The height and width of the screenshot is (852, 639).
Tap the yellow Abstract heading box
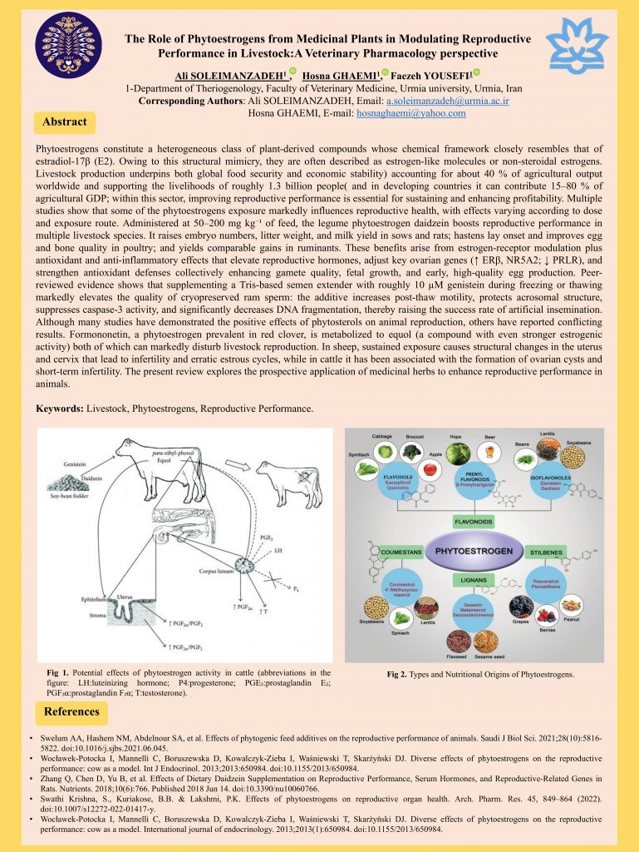click(65, 121)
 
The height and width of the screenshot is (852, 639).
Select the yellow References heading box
click(71, 711)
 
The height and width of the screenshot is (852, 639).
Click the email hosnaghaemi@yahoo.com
click(422, 113)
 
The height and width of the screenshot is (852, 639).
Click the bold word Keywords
click(62, 409)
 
